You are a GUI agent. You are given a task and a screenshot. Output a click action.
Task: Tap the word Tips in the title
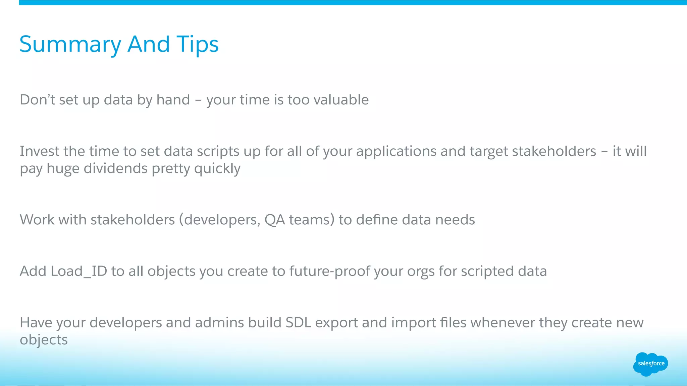tap(198, 45)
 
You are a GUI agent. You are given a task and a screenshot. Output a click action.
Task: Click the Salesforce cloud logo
tap(650, 364)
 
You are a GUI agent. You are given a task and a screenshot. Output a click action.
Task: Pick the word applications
tap(396, 151)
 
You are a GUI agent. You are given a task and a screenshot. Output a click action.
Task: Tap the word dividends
tap(115, 168)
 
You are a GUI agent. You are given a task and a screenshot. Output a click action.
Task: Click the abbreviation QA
tap(274, 220)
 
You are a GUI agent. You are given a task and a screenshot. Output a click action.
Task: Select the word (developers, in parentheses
tap(219, 220)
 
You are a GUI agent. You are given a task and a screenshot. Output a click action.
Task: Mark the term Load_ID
tap(78, 271)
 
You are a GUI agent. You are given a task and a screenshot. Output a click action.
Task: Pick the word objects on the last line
tap(44, 340)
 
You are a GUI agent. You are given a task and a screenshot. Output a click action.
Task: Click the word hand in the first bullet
tap(173, 100)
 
